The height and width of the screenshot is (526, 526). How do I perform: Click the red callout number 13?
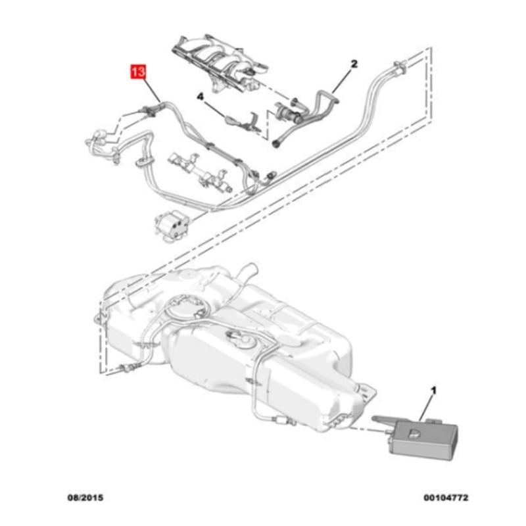click(x=138, y=71)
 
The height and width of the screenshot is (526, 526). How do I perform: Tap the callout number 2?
click(x=354, y=64)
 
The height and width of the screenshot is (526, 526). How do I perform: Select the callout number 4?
click(x=201, y=96)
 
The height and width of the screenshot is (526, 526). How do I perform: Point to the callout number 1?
click(x=433, y=392)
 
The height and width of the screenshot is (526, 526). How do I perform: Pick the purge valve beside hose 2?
click(x=288, y=108)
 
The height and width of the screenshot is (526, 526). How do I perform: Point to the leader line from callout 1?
click(x=429, y=408)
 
